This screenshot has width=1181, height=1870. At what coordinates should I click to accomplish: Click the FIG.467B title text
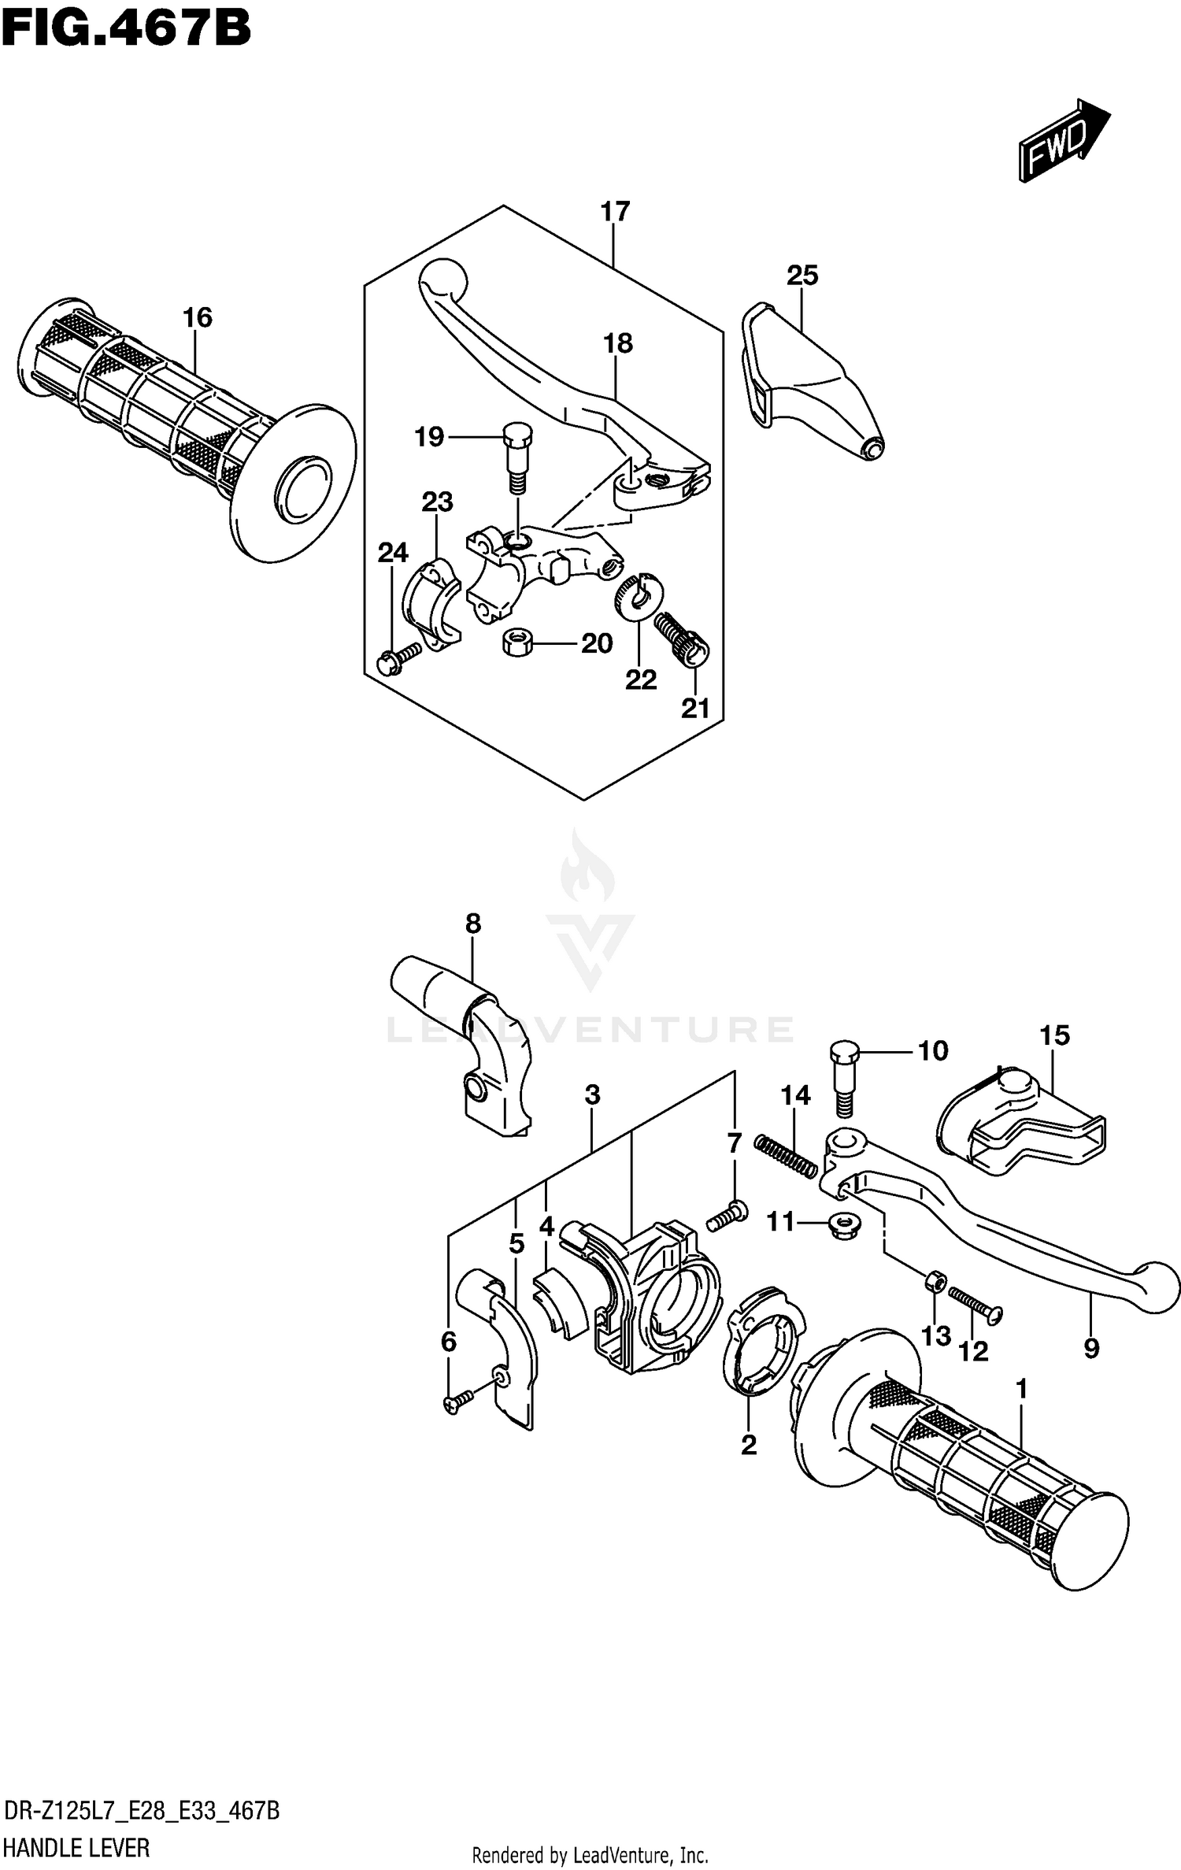click(126, 30)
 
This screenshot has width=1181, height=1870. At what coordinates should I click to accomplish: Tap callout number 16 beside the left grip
click(198, 317)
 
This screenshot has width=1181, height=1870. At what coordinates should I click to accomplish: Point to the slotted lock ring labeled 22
click(638, 594)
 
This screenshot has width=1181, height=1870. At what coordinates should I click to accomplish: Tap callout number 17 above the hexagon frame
click(615, 212)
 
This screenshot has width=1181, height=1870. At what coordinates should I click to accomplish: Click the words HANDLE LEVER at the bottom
click(77, 1847)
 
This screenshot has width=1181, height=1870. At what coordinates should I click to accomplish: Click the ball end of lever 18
click(442, 280)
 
